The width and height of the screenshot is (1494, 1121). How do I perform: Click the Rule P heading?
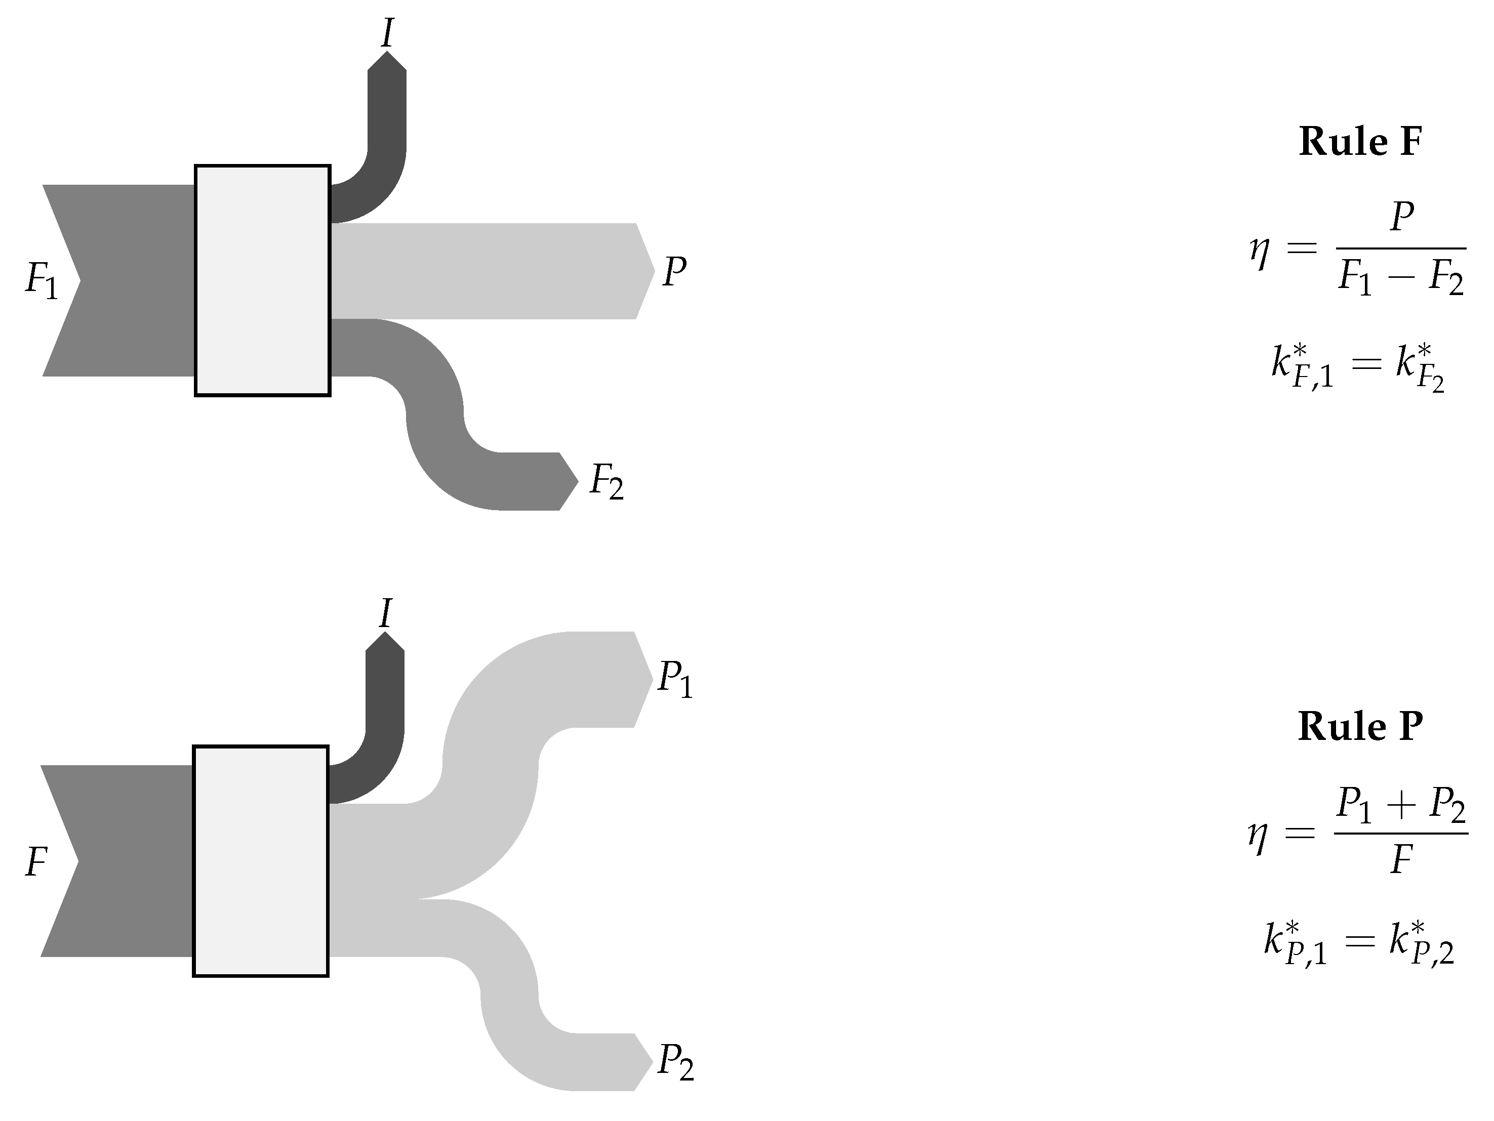point(1360,727)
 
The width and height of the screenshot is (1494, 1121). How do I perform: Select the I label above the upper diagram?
point(387,32)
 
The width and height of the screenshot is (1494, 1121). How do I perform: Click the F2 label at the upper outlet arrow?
point(607,481)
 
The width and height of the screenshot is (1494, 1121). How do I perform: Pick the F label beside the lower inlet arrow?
point(36,862)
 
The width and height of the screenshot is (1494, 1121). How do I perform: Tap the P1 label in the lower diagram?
point(675,678)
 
